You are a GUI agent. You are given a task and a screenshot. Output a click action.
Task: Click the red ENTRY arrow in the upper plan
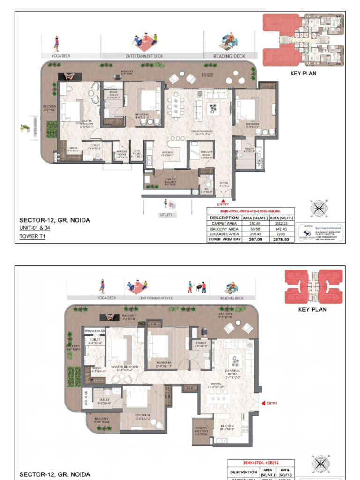(x=223, y=200)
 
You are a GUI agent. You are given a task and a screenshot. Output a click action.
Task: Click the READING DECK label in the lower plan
(x=232, y=298)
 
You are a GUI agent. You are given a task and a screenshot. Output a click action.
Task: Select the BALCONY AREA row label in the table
(x=225, y=229)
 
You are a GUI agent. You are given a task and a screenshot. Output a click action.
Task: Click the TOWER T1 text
(x=30, y=236)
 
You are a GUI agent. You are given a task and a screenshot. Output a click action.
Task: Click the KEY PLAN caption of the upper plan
(x=303, y=73)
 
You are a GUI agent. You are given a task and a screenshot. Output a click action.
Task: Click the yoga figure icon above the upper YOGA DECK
(x=56, y=43)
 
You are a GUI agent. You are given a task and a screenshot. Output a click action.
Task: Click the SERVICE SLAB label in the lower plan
(x=94, y=331)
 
